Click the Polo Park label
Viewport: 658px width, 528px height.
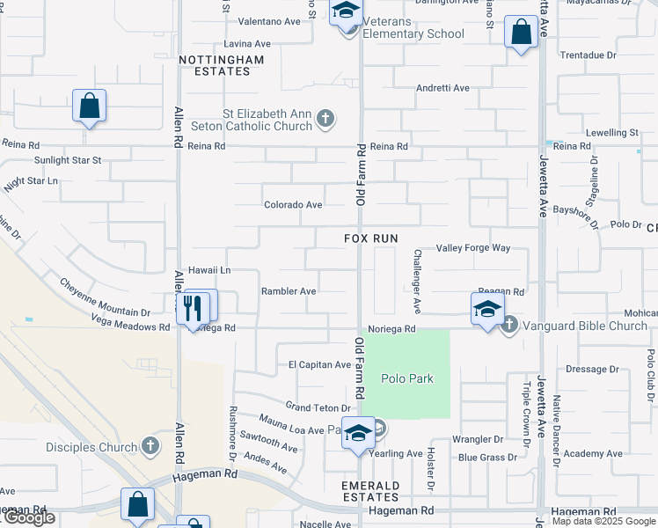pyautogui.click(x=407, y=378)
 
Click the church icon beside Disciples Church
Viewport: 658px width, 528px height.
pyautogui.click(x=150, y=447)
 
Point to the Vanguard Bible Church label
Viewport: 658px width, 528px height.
pyautogui.click(x=585, y=326)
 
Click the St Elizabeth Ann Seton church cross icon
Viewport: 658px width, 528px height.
pyautogui.click(x=325, y=119)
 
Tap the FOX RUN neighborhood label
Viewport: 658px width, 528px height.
pyautogui.click(x=370, y=238)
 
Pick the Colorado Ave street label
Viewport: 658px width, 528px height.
pyautogui.click(x=294, y=205)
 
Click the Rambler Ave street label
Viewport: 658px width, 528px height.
pyautogui.click(x=289, y=291)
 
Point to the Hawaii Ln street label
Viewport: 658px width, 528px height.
pyautogui.click(x=209, y=270)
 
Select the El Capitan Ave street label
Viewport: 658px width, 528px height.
pyautogui.click(x=319, y=364)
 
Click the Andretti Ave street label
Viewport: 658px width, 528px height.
pyautogui.click(x=442, y=88)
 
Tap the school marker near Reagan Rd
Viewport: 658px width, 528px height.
pyautogui.click(x=487, y=309)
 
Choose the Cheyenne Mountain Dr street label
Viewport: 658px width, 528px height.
pyautogui.click(x=105, y=297)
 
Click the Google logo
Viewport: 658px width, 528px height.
pyautogui.click(x=28, y=517)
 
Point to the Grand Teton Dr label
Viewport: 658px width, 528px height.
pyautogui.click(x=318, y=407)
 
